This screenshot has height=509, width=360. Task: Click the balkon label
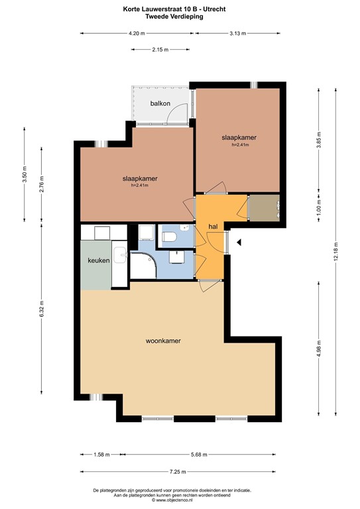pos(160,103)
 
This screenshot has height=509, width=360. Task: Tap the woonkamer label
pos(163,341)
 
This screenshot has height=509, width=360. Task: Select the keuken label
pos(99,260)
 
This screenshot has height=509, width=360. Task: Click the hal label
pos(213,227)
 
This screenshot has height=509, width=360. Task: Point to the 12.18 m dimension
pos(336,252)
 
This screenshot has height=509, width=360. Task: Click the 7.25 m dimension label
pos(178,472)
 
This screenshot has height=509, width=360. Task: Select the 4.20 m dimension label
pos(137,33)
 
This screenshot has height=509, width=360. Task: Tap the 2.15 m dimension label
pos(160,50)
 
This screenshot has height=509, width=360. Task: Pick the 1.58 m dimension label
pos(101,455)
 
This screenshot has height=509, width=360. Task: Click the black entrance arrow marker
pos(239,242)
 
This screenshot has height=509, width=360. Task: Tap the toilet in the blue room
pos(169,237)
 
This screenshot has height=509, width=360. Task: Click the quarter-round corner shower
pos(143,266)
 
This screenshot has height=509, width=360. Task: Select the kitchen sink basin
pos(120,255)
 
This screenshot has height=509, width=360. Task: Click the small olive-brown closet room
pos(265,208)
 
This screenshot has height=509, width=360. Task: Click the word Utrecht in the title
pos(214,9)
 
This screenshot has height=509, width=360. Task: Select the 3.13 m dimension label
pos(237,33)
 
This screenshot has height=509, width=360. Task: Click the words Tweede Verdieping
pos(174,17)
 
